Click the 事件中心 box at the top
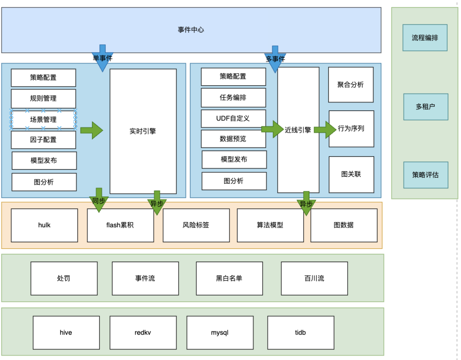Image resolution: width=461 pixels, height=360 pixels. (x=191, y=30)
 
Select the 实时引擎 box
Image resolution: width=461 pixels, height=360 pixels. (x=143, y=131)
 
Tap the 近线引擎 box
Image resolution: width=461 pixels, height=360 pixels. (x=298, y=130)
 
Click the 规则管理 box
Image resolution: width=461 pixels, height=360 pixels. (x=43, y=98)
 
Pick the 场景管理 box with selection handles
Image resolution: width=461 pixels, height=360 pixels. (x=43, y=120)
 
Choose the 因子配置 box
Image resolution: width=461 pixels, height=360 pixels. (x=43, y=140)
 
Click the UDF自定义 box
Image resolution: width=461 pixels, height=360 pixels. (x=233, y=118)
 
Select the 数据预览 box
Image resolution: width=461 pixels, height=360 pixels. (x=233, y=139)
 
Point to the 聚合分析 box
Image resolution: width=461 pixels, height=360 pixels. (x=350, y=85)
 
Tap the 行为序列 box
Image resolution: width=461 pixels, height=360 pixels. (x=351, y=129)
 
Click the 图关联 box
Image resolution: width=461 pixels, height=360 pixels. (x=351, y=174)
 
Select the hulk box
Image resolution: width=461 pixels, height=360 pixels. (x=44, y=225)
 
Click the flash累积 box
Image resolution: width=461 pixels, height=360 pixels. (x=120, y=225)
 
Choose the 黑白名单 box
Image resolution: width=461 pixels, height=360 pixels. (x=229, y=278)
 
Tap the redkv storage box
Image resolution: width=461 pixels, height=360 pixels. (x=143, y=332)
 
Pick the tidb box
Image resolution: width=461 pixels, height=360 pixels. (x=301, y=332)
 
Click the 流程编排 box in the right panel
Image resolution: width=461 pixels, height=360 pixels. (x=425, y=38)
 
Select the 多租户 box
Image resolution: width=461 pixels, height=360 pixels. (x=426, y=107)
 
